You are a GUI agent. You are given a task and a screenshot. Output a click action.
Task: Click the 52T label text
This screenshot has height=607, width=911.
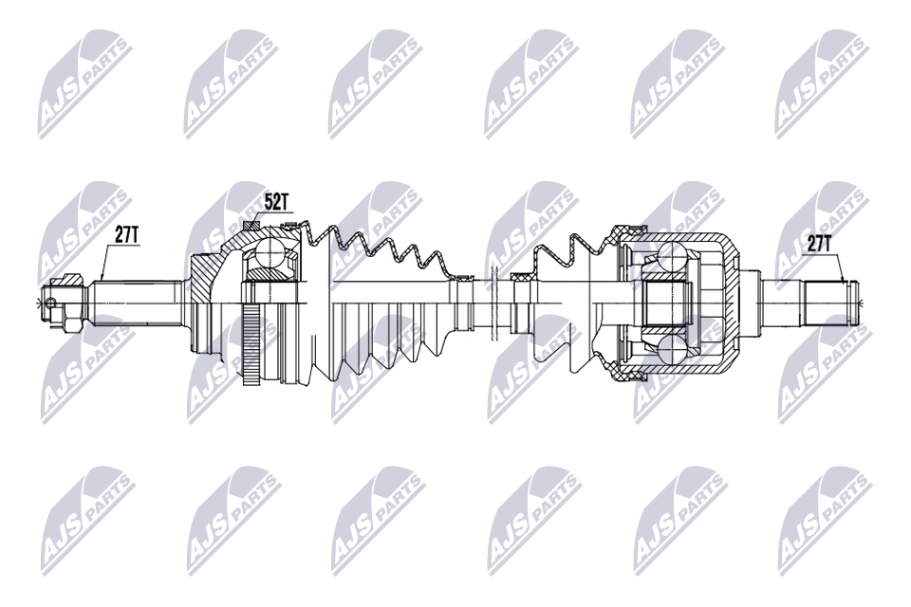(x=275, y=202)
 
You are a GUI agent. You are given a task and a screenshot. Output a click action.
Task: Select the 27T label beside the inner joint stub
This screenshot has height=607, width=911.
(x=818, y=243)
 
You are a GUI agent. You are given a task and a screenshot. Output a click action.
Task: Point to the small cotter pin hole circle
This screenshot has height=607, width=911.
(x=53, y=303)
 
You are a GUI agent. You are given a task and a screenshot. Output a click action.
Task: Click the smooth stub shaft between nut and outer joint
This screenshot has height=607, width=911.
(x=138, y=302)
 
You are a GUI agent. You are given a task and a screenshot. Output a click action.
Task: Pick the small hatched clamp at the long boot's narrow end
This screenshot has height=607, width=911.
(x=464, y=278)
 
